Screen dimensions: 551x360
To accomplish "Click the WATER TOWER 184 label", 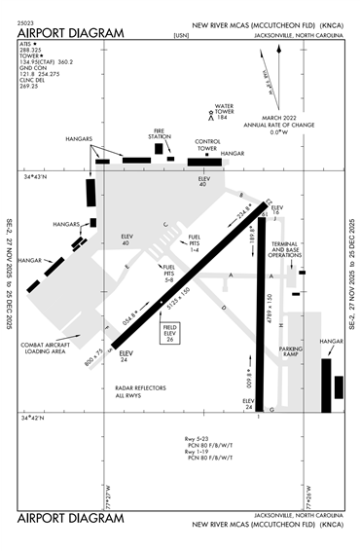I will (226, 110).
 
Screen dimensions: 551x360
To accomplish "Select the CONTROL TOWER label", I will (207, 144).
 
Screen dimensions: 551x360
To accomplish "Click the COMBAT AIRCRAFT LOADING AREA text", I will (46, 349).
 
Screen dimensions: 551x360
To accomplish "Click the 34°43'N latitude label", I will (35, 176).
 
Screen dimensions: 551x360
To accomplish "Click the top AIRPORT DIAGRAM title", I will (71, 34).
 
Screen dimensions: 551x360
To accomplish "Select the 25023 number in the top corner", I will (26, 20).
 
